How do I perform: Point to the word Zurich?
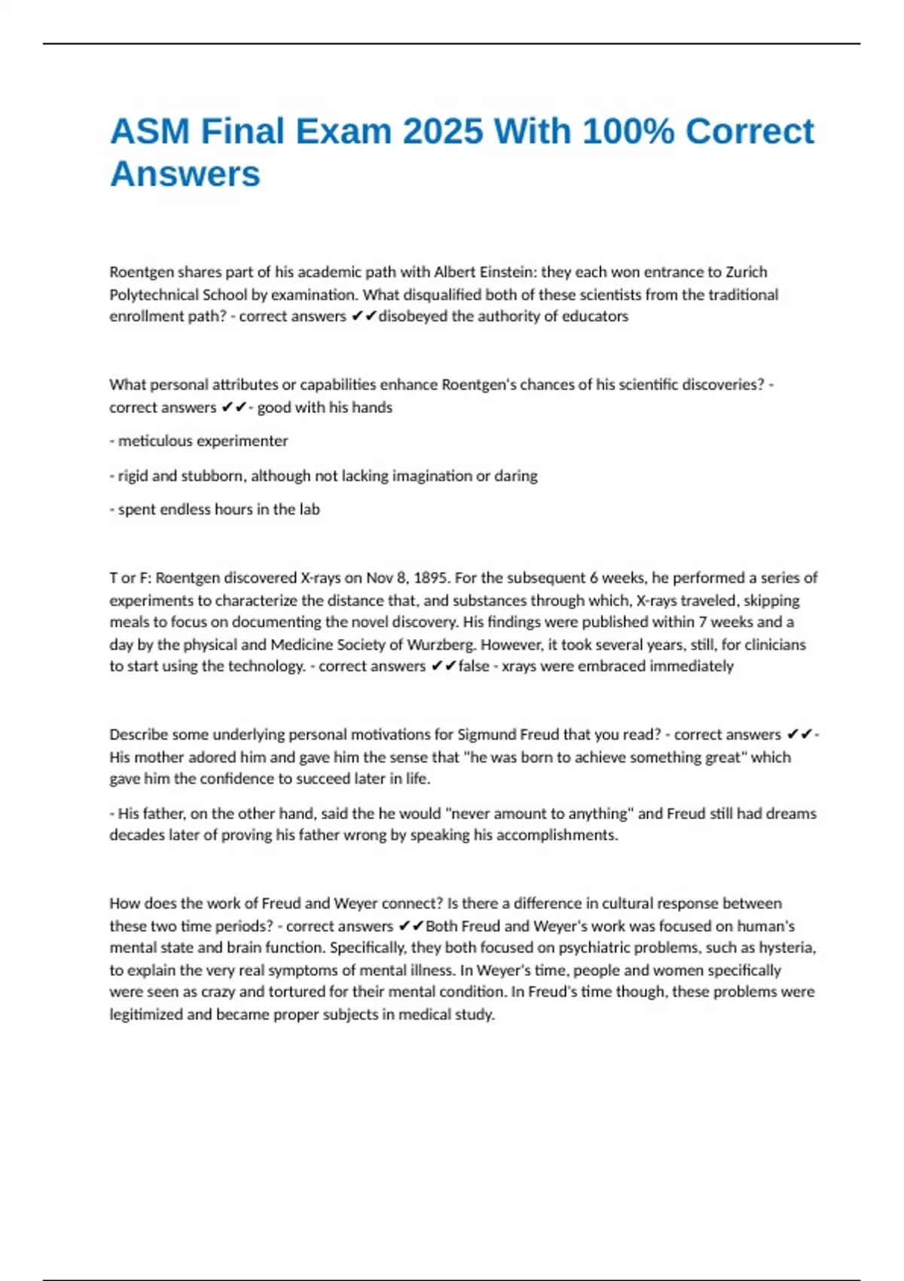[746, 272]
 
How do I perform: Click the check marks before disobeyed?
[363, 316]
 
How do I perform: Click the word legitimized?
[146, 1015]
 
